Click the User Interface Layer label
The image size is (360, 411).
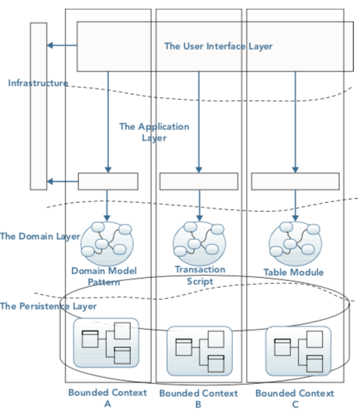[218, 47]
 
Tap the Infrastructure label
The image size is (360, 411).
[38, 83]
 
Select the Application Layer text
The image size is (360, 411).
[154, 132]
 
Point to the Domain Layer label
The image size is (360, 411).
[40, 237]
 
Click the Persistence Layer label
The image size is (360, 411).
[48, 306]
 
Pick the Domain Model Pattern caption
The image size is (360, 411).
[104, 277]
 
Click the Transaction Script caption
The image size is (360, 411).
[200, 275]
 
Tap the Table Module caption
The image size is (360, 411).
[294, 272]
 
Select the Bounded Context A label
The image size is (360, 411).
[107, 398]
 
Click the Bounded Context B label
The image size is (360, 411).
[198, 398]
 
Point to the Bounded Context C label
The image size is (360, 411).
[295, 398]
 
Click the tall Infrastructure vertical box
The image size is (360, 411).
[38, 106]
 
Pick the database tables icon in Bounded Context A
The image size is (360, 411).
[106, 343]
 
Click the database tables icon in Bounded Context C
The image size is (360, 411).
[298, 351]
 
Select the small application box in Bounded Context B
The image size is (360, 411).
[199, 181]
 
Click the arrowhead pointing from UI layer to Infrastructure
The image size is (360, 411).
[50, 45]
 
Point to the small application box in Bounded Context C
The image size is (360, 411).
[295, 181]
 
